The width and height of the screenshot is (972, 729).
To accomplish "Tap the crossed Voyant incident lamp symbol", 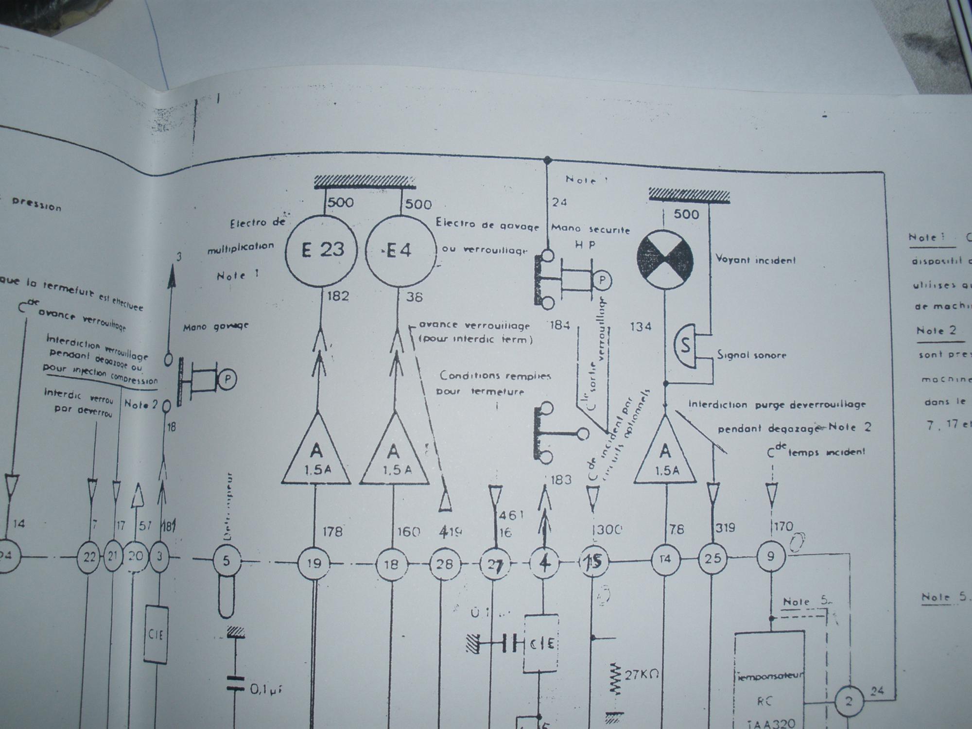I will click(665, 258).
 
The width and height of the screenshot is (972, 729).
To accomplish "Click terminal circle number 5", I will click(226, 561).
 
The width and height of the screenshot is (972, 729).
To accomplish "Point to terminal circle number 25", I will click(712, 558).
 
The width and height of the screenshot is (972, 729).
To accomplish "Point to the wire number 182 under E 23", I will click(338, 296).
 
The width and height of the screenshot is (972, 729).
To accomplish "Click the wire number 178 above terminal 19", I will click(333, 532).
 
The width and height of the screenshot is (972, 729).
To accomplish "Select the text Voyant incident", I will click(756, 260).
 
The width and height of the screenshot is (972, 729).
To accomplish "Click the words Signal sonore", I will click(751, 355).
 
